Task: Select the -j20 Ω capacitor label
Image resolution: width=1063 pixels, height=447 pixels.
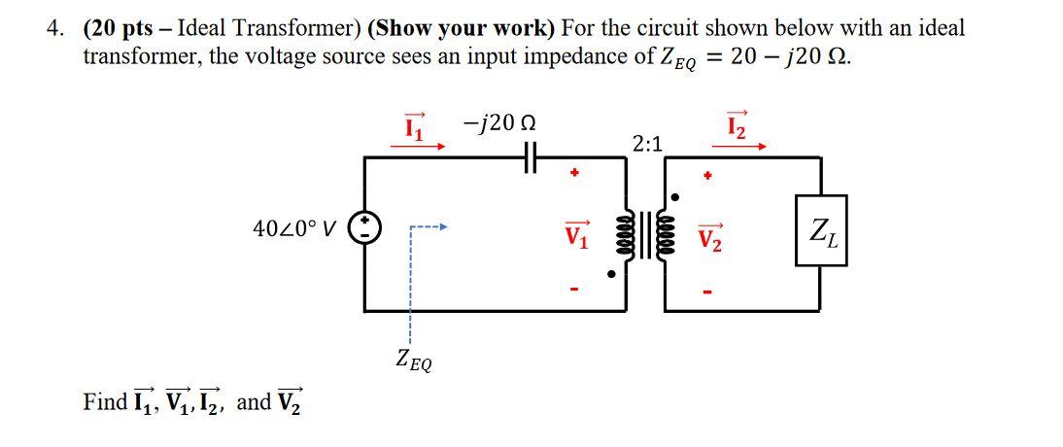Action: coord(500,124)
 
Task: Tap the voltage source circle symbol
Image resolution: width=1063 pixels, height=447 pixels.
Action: coord(365,229)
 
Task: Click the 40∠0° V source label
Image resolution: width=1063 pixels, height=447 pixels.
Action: coord(294,229)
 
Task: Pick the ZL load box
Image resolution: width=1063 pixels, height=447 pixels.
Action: coord(821,230)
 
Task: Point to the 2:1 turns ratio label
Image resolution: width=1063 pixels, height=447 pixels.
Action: coord(647,144)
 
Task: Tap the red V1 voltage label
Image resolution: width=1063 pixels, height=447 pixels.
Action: coord(577,234)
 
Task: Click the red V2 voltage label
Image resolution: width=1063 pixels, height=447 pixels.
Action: coord(710,235)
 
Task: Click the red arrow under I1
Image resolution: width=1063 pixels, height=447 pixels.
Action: coord(418,148)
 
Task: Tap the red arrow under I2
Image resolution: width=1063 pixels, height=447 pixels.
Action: coord(737,148)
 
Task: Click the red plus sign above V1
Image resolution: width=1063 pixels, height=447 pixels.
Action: coord(575,176)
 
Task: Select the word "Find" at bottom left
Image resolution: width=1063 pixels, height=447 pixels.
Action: coord(105,401)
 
